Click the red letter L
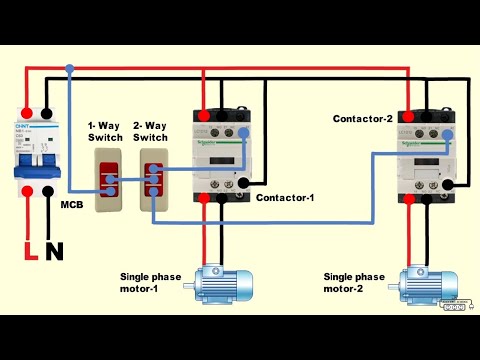(31, 251)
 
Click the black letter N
(54, 251)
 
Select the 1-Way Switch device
(107, 180)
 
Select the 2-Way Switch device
(152, 180)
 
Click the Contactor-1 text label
(285, 198)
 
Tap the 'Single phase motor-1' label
(153, 282)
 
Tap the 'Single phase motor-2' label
(354, 282)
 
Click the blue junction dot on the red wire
(69, 70)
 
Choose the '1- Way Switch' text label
(105, 129)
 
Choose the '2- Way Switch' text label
(150, 129)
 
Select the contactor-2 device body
(422, 156)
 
